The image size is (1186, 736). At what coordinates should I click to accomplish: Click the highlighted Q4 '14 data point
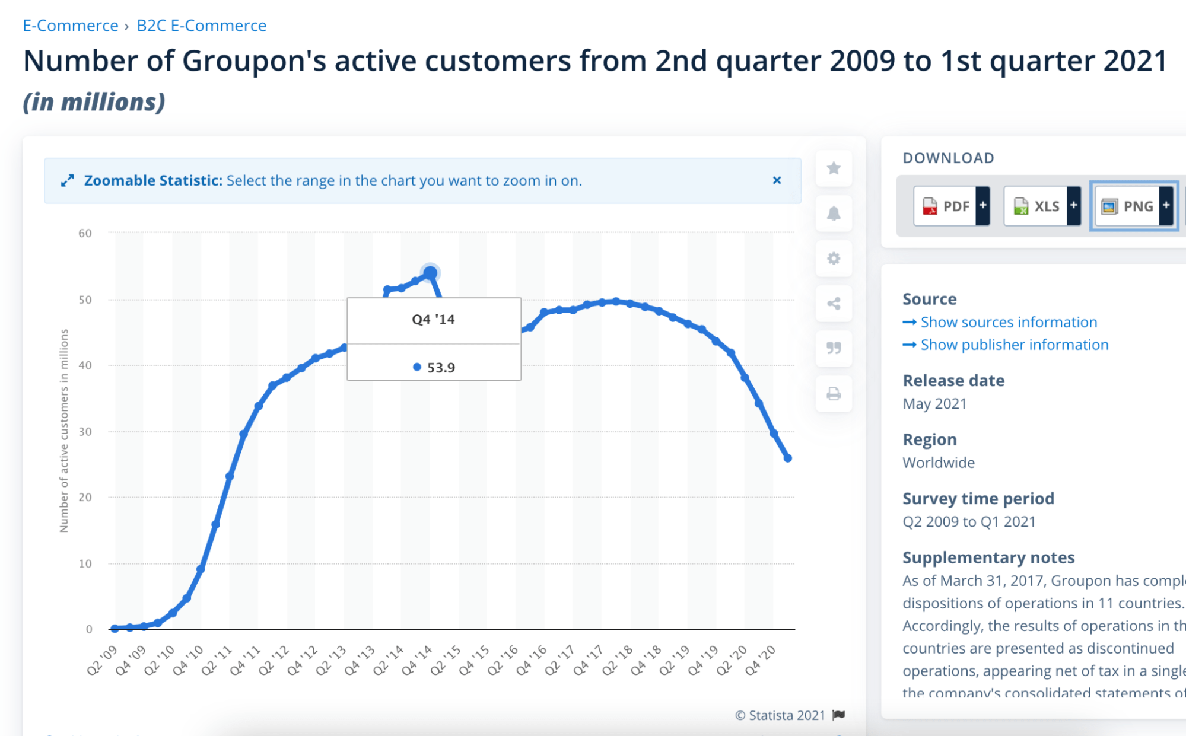coord(430,273)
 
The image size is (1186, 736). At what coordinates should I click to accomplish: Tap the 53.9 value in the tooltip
coord(441,367)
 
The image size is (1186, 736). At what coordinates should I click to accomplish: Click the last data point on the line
coord(788,458)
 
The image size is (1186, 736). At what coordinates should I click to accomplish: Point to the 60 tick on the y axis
coord(85,233)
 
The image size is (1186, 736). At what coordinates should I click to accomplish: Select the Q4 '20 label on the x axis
coord(761,660)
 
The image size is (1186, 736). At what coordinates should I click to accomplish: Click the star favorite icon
coord(834,168)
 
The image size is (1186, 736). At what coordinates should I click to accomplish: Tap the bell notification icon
coord(834,214)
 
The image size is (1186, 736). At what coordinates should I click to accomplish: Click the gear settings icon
coord(834,259)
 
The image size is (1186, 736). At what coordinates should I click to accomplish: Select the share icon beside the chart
coord(834,304)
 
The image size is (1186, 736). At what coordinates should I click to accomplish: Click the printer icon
coord(834,394)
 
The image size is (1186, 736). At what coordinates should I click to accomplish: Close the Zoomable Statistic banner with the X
coord(777,180)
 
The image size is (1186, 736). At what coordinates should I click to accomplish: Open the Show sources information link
coord(1008,322)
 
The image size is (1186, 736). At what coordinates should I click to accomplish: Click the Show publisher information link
coord(1014,345)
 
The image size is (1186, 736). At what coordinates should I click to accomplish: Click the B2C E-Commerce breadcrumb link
coord(201,26)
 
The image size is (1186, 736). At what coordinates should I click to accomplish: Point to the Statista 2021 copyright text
coord(781,715)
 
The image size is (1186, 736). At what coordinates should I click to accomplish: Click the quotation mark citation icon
coord(834,348)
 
